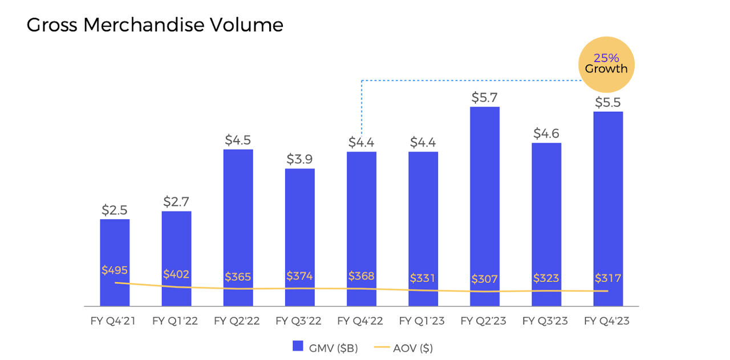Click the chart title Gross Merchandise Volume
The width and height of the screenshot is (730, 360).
pyautogui.click(x=155, y=25)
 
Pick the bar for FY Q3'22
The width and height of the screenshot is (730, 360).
pyautogui.click(x=299, y=228)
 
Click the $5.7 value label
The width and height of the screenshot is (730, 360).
pyautogui.click(x=485, y=98)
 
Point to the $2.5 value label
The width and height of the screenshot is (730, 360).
pyautogui.click(x=115, y=210)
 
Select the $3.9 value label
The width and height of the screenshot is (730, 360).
pyautogui.click(x=299, y=159)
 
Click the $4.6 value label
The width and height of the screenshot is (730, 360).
pyautogui.click(x=546, y=134)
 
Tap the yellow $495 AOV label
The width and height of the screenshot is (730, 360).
pyautogui.click(x=115, y=270)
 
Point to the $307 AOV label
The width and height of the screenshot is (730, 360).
pyautogui.click(x=485, y=280)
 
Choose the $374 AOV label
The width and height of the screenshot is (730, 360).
pyautogui.click(x=299, y=277)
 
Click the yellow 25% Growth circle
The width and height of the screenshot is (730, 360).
pyautogui.click(x=606, y=64)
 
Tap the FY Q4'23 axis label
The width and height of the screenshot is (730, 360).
pyautogui.click(x=607, y=321)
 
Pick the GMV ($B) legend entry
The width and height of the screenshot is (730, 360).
pyautogui.click(x=325, y=348)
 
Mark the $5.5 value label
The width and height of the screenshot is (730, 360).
pyautogui.click(x=608, y=103)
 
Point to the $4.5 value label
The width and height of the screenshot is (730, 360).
pyautogui.click(x=238, y=140)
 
